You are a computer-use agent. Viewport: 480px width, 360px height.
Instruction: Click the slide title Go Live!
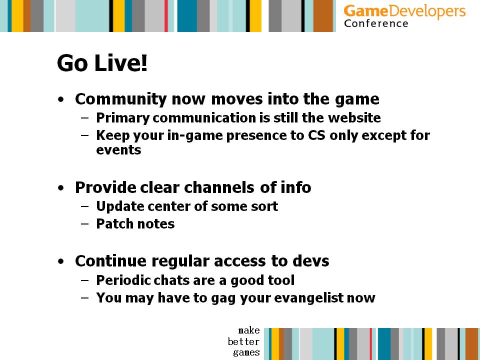(x=102, y=63)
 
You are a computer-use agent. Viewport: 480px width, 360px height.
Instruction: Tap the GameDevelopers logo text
(x=404, y=11)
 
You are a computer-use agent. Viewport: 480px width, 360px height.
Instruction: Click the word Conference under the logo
(x=376, y=23)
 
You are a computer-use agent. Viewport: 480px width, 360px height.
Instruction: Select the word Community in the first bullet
(x=121, y=99)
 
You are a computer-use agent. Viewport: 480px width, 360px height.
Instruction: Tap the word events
(x=118, y=150)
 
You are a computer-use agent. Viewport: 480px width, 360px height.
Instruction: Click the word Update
(x=119, y=206)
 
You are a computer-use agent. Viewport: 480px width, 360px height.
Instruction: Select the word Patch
(x=114, y=224)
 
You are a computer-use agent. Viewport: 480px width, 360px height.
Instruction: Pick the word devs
(x=310, y=261)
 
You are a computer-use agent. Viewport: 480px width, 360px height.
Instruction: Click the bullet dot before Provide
(x=61, y=188)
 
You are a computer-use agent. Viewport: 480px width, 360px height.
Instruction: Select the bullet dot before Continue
(x=61, y=261)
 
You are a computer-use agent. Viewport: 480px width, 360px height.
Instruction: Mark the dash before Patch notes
(x=85, y=224)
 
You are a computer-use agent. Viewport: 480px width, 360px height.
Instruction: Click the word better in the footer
(x=243, y=341)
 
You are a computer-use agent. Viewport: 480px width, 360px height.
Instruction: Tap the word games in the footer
(x=246, y=352)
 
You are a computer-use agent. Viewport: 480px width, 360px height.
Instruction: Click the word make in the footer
(x=249, y=330)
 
